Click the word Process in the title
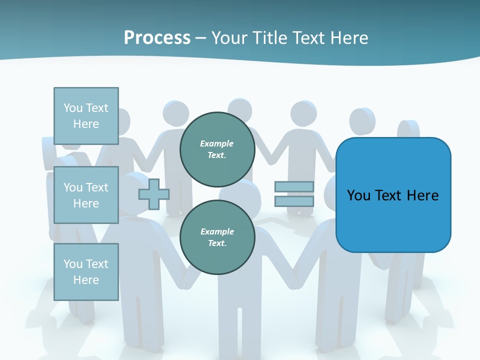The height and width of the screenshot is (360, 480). click(x=157, y=38)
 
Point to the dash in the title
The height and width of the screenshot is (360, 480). click(x=201, y=38)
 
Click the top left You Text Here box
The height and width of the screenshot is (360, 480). click(x=86, y=116)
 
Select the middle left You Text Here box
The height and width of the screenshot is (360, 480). click(x=86, y=195)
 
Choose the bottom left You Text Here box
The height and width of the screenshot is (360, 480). click(x=86, y=271)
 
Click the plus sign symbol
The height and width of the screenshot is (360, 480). click(x=154, y=194)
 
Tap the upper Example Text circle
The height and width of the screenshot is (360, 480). click(x=217, y=149)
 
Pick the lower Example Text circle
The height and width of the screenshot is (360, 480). click(x=217, y=237)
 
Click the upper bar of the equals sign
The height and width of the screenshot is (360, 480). click(x=294, y=187)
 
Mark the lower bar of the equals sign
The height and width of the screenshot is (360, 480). click(x=294, y=201)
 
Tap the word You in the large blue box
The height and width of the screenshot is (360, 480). click(x=358, y=195)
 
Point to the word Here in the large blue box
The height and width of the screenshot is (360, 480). click(x=422, y=195)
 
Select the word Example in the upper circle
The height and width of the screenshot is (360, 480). click(x=217, y=143)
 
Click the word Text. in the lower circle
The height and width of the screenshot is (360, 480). click(x=217, y=243)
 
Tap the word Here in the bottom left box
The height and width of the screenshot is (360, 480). click(x=86, y=280)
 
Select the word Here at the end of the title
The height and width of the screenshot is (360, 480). click(x=349, y=38)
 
